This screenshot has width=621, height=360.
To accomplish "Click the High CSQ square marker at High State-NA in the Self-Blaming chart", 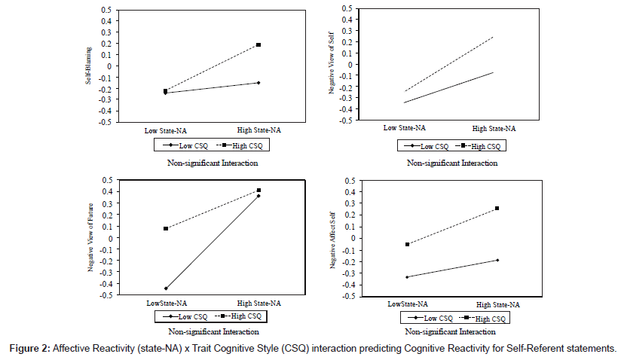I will (258, 45).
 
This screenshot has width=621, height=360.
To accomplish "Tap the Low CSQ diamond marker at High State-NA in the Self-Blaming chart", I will (258, 83).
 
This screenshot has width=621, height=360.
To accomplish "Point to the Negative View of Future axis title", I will (90, 237).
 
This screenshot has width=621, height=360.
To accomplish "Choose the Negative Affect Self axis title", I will (332, 240).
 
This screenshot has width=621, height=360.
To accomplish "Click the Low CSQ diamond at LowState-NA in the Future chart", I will (166, 288).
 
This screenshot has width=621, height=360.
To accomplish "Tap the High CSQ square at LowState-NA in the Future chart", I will (166, 228).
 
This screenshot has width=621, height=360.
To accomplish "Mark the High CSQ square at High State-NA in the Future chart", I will (258, 191).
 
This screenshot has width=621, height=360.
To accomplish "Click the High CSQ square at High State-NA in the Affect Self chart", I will (497, 208).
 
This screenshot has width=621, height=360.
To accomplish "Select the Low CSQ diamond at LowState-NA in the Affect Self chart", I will (407, 277).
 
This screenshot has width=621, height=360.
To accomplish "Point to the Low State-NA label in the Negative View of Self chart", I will (405, 127).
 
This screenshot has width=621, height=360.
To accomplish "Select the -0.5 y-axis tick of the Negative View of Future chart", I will (106, 295).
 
